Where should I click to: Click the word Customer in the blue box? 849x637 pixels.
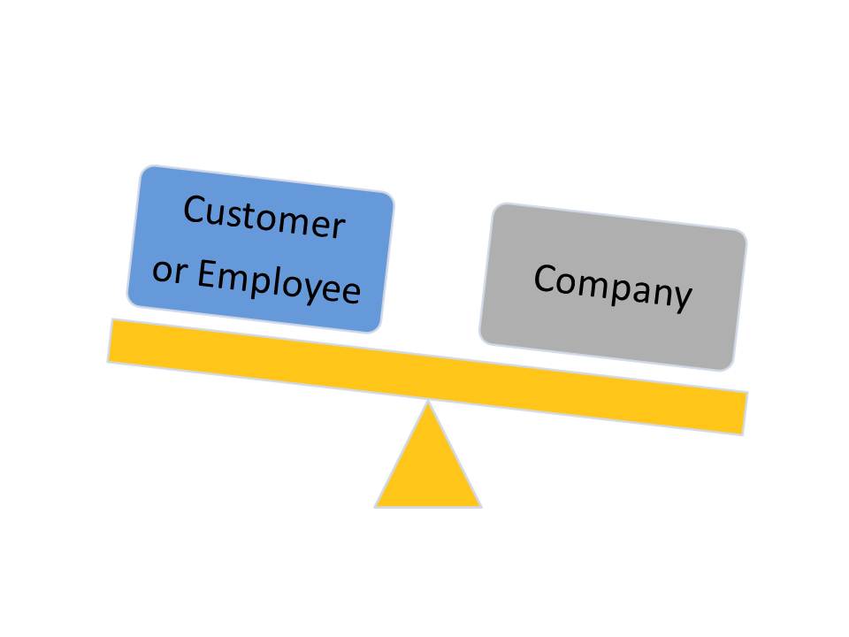264,218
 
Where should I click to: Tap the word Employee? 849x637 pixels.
279,281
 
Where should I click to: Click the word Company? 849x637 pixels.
612,286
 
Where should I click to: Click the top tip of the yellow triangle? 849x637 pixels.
428,403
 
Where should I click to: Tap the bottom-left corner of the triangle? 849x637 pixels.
376,506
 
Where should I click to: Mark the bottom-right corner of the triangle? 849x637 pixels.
480,506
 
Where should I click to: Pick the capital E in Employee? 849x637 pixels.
206,274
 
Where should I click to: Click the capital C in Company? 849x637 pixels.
545,279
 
